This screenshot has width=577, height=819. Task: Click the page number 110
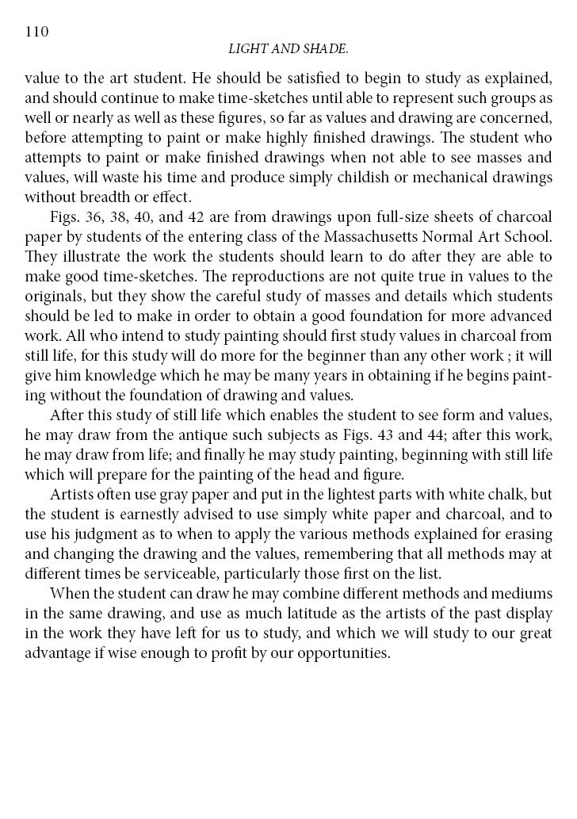(37, 32)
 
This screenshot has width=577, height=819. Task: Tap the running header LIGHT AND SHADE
(288, 50)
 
